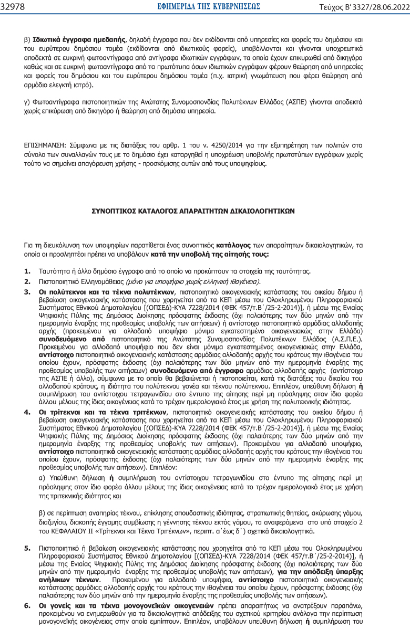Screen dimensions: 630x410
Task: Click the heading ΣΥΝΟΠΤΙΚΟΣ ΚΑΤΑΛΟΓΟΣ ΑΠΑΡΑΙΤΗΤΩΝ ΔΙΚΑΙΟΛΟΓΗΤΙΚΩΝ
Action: click(193, 210)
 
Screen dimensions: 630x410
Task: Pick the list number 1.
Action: click(27, 271)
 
